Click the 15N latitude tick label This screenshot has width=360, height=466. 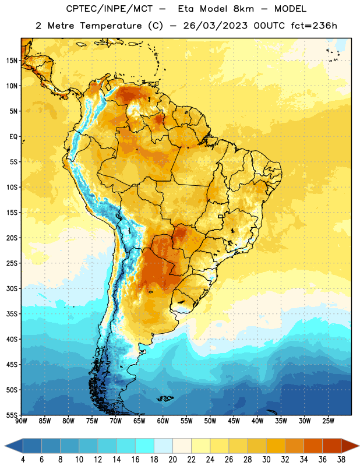pos(12,61)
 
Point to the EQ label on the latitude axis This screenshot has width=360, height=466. pos(13,137)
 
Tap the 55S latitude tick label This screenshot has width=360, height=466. pos(12,415)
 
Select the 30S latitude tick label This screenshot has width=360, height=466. pos(12,288)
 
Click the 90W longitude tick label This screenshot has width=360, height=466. pos(21,421)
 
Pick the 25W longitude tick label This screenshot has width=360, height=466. pos(328,421)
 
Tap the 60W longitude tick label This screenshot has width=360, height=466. pos(163,421)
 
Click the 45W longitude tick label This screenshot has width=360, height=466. pos(234,421)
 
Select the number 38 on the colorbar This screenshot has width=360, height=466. pos(341,460)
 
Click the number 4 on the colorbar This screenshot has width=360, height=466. pos(23,460)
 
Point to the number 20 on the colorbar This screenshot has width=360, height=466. pos(172,460)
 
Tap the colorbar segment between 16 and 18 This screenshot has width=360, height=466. pos(145,446)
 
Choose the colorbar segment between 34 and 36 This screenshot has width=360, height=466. pos(313,446)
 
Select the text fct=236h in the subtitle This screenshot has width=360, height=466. pos(314,26)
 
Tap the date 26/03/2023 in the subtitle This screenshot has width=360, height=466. pos(215,26)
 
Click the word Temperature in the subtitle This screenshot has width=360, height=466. pos(111,26)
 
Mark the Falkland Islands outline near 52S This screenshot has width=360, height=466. pos(165,398)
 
